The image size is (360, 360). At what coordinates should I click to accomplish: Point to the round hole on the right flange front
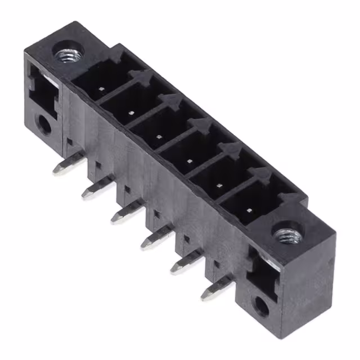[x=260, y=307]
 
